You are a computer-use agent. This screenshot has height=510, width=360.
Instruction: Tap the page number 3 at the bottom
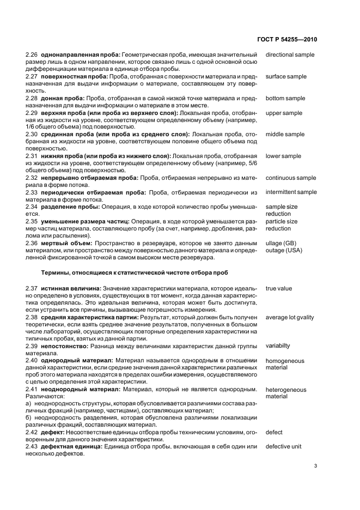[x=316, y=466]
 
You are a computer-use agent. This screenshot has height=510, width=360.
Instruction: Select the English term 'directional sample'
[x=290, y=55]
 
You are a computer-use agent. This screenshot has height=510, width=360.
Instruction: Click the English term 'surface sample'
[x=286, y=77]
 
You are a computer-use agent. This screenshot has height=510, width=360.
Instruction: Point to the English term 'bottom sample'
[x=285, y=98]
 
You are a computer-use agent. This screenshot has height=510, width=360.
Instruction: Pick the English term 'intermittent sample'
[x=291, y=192]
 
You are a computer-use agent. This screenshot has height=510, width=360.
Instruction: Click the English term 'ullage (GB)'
[x=280, y=244]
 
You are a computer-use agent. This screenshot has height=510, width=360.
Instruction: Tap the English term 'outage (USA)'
[x=284, y=251]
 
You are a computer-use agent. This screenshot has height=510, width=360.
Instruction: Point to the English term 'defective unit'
[x=284, y=446]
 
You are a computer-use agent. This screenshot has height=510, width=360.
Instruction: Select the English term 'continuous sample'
[x=290, y=178]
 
